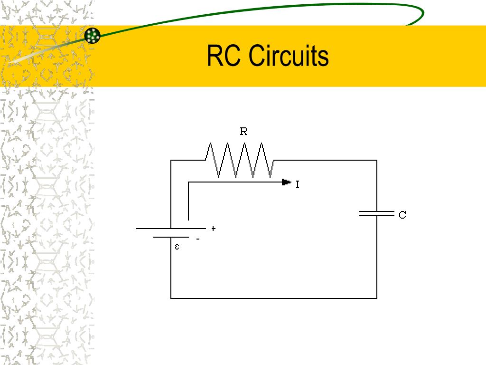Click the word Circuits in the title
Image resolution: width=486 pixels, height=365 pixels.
(x=289, y=56)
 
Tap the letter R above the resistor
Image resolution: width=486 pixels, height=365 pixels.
(x=243, y=132)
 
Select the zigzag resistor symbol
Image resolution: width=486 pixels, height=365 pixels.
(x=240, y=161)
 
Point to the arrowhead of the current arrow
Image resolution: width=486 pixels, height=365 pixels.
(x=286, y=182)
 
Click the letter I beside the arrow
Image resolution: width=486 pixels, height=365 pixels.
(x=298, y=184)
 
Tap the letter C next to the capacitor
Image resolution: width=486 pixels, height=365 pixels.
(x=402, y=215)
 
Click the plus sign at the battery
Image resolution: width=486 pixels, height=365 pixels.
(x=214, y=229)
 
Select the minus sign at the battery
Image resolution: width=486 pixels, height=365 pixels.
(x=198, y=239)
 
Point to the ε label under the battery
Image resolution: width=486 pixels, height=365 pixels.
(x=177, y=247)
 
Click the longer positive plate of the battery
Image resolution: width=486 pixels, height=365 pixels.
(x=171, y=229)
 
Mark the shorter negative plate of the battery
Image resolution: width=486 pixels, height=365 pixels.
(x=171, y=237)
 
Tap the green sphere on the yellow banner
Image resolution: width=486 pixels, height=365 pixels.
(x=93, y=36)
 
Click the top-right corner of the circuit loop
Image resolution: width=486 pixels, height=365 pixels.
(x=377, y=160)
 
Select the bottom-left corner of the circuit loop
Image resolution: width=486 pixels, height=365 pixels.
(x=171, y=298)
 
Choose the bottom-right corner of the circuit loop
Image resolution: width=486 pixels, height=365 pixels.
(x=377, y=298)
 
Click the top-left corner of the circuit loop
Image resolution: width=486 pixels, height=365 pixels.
(x=171, y=160)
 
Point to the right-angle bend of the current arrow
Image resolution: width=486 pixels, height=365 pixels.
(x=188, y=182)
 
